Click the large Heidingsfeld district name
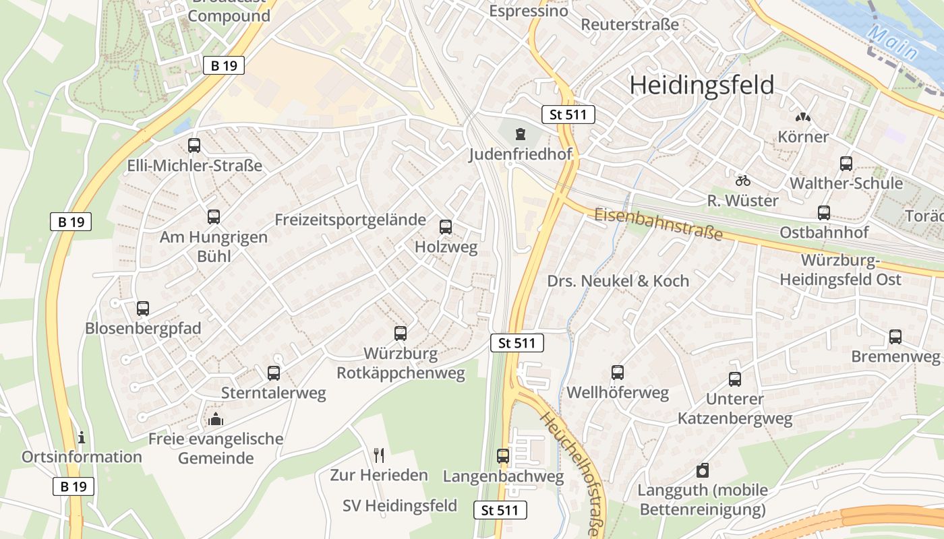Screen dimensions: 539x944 click(x=701, y=86)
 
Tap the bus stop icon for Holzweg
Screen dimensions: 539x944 click(x=446, y=227)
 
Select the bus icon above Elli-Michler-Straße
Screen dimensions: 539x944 click(x=194, y=146)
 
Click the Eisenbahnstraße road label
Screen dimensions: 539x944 click(x=658, y=224)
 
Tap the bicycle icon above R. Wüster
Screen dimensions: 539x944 click(x=743, y=181)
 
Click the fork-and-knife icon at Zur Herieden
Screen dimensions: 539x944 click(x=379, y=455)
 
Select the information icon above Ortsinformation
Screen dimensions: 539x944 click(x=82, y=437)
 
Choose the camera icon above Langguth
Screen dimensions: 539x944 click(x=703, y=470)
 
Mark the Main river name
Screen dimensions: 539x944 click(x=893, y=42)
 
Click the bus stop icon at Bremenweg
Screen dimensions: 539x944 click(x=895, y=337)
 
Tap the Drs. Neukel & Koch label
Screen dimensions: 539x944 click(x=618, y=281)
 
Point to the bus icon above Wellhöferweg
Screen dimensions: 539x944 click(x=618, y=373)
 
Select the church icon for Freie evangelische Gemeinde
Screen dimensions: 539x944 click(x=216, y=419)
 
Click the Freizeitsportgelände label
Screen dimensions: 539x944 click(x=351, y=220)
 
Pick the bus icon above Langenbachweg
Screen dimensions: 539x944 click(x=503, y=456)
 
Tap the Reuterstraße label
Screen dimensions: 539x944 click(x=630, y=25)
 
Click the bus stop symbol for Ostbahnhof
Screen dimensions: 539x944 click(x=824, y=213)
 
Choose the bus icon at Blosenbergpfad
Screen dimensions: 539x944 click(x=143, y=309)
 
